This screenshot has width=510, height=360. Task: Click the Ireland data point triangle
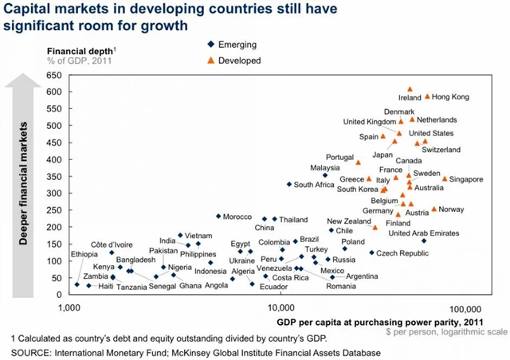[410, 90]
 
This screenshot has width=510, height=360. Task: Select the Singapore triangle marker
[445, 178]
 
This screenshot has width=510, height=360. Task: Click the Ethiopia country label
[84, 254]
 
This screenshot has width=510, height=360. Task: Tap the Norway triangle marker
[434, 209]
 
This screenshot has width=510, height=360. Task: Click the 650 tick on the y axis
[52, 76]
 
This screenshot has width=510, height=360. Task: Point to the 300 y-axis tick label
[52, 194]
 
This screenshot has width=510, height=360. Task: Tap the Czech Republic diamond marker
[371, 252]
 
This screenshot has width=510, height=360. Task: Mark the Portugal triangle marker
[359, 162]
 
